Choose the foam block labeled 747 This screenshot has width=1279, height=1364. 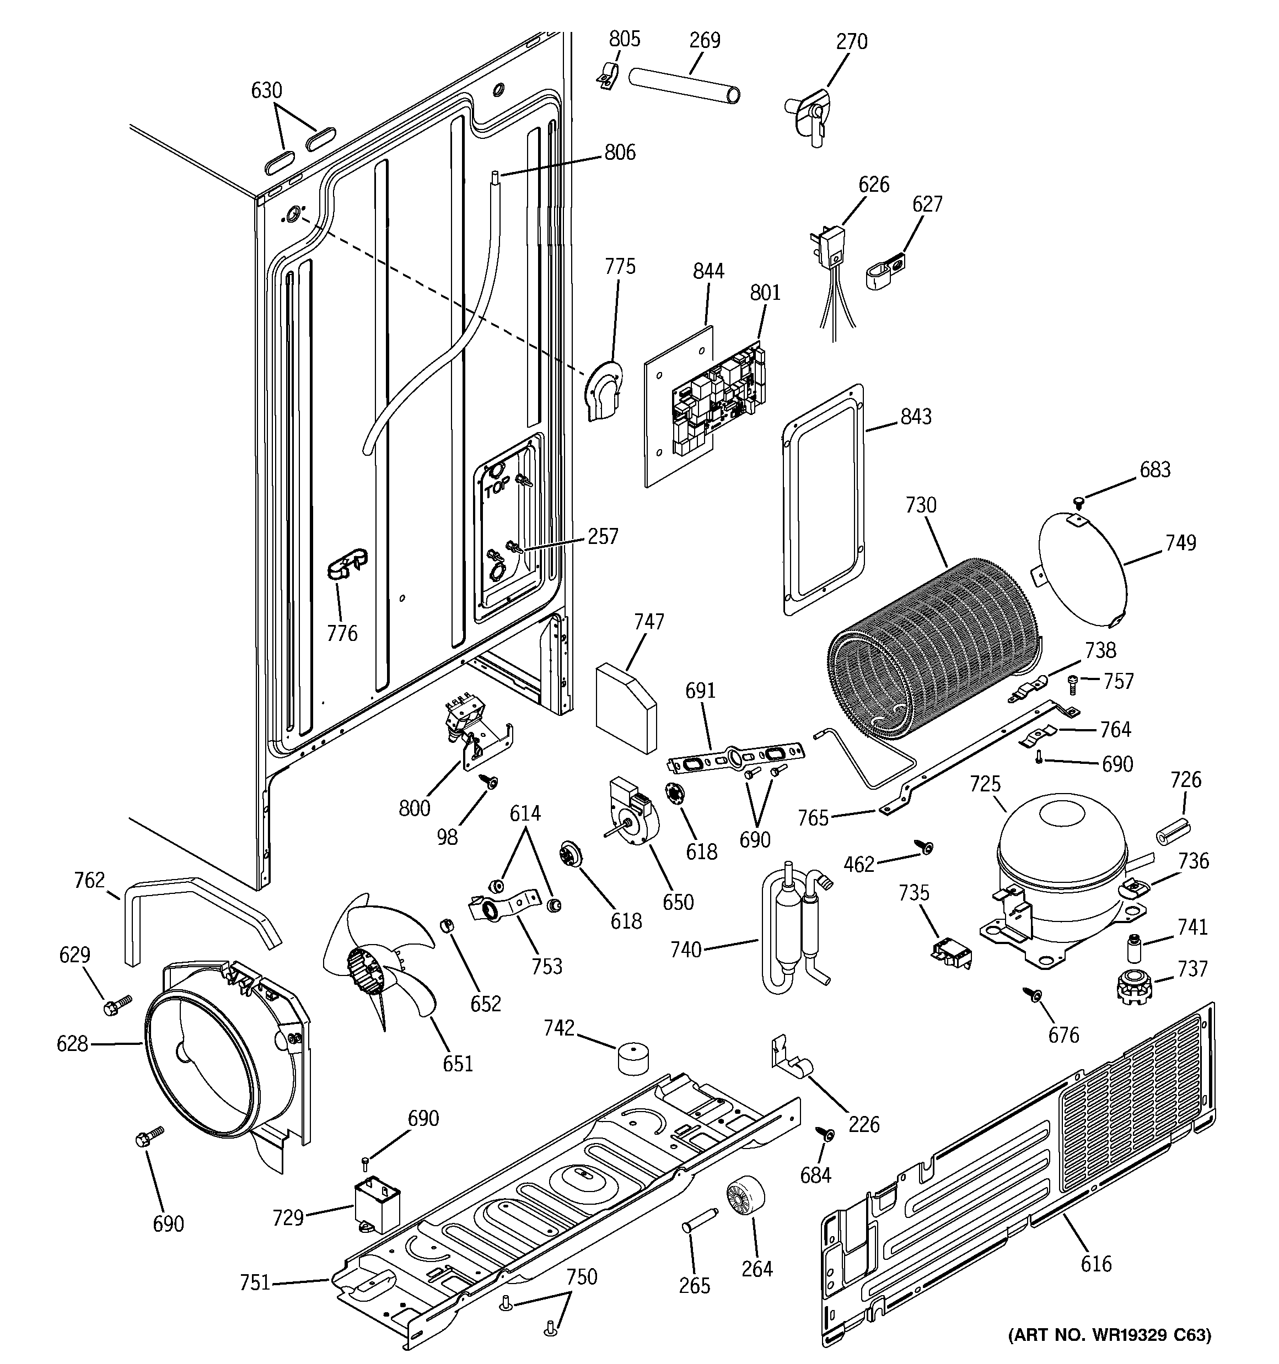(625, 706)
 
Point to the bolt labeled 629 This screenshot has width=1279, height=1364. (111, 1008)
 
